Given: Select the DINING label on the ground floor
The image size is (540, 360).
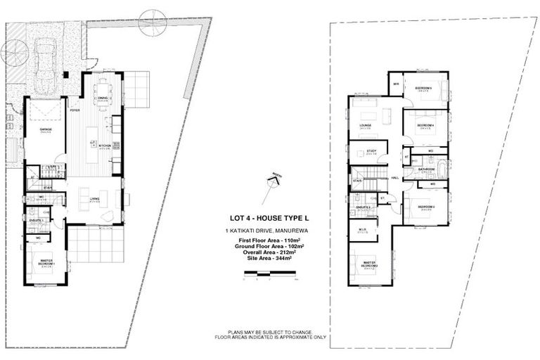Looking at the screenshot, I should tap(103, 98).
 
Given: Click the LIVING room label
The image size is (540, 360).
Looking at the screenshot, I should tap(94, 199).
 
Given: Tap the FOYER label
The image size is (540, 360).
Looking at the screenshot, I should tap(75, 110).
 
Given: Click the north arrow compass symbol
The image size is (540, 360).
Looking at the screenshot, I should tap(270, 184).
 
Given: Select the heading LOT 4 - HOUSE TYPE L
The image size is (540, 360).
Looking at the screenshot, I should tap(271, 218).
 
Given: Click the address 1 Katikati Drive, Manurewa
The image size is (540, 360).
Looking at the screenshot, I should tap(271, 231).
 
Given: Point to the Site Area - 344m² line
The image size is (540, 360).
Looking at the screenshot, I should tap(271, 259).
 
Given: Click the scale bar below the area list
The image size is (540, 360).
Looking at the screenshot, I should tap(271, 278).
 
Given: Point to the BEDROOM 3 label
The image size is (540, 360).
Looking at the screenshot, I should tap(426, 207).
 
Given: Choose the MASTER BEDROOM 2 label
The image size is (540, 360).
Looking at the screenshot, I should tap(371, 264).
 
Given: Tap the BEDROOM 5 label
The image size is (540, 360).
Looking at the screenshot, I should tap(423, 87).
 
